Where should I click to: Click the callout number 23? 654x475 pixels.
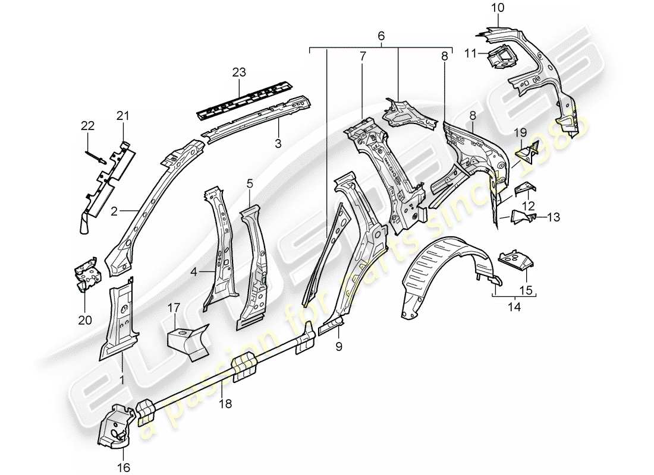pyautogui.click(x=238, y=73)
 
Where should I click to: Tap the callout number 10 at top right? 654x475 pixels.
pyautogui.click(x=498, y=8)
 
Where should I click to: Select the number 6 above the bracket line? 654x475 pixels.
pyautogui.click(x=381, y=36)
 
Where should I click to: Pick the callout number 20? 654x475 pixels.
pyautogui.click(x=85, y=320)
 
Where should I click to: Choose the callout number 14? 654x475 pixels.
pyautogui.click(x=514, y=307)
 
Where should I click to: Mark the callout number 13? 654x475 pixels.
pyautogui.click(x=554, y=217)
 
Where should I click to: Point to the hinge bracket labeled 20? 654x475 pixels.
pyautogui.click(x=86, y=275)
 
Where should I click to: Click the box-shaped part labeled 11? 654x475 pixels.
pyautogui.click(x=499, y=56)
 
